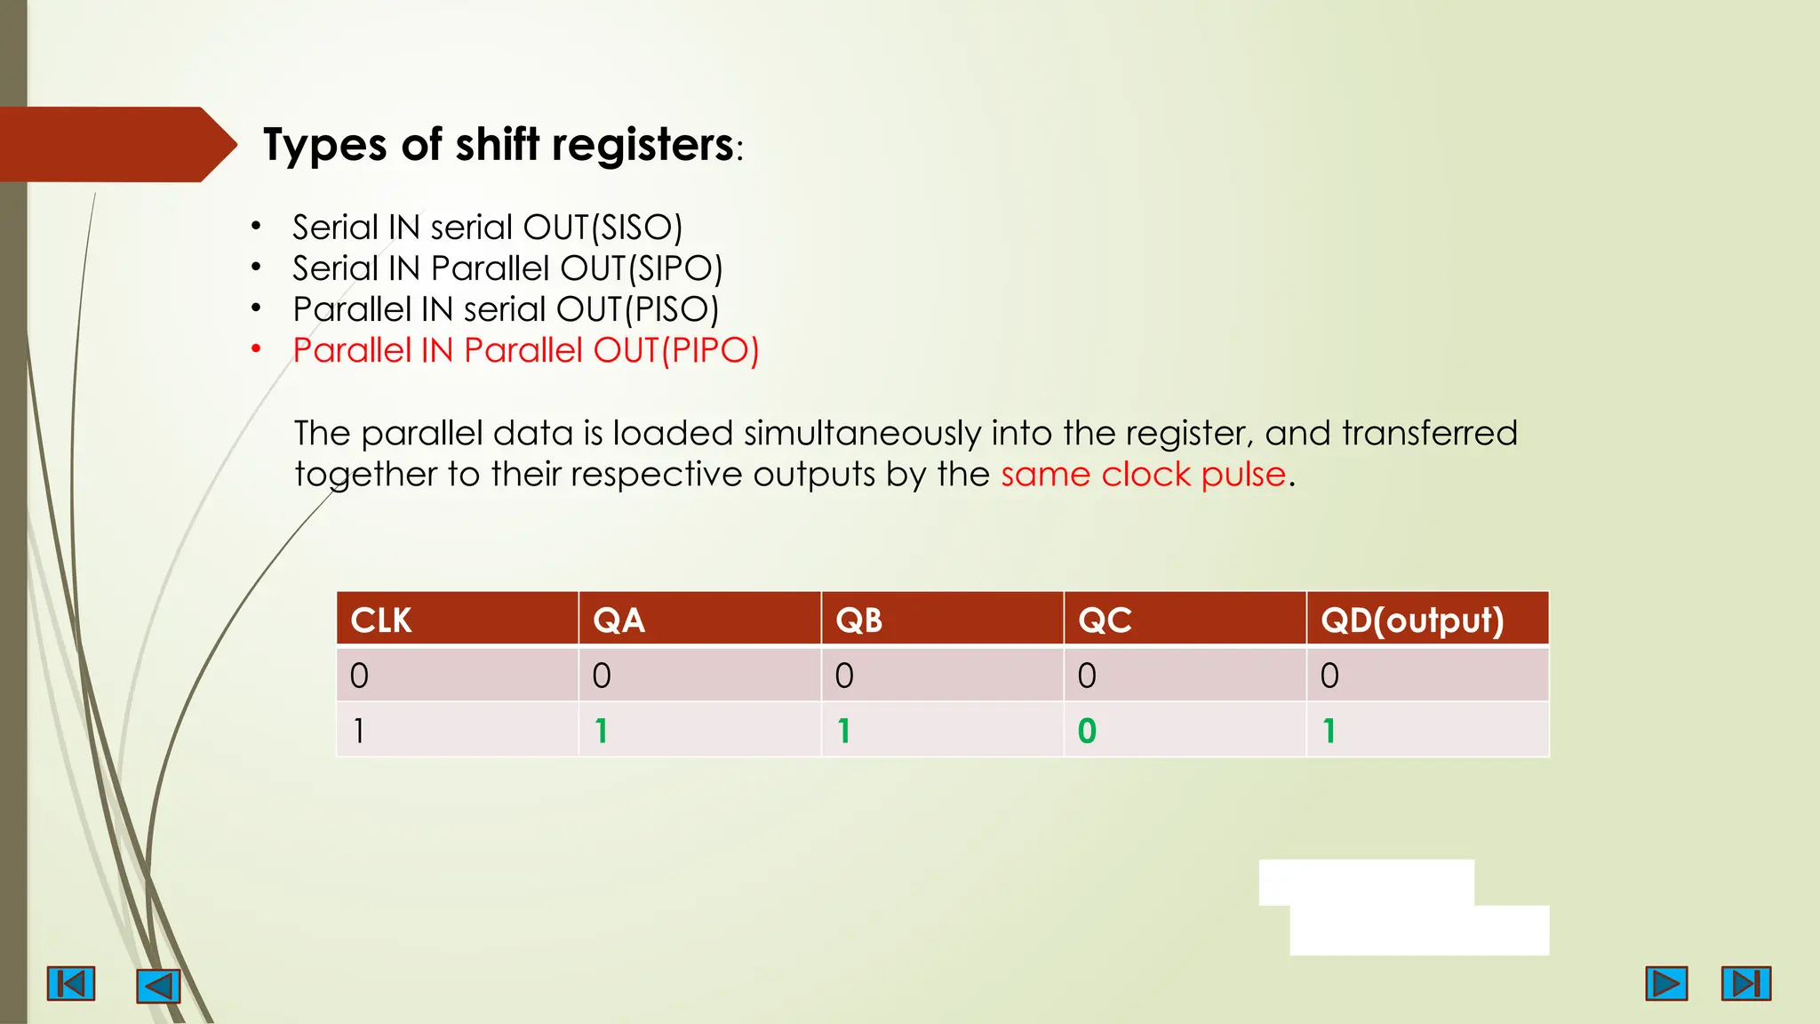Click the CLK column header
381,620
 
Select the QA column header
619,620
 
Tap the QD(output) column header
1411,620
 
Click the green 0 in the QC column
1087,731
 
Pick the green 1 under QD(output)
1329,731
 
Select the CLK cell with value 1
359,731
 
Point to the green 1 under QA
602,731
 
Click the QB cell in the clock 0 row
844,676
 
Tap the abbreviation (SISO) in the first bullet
636,228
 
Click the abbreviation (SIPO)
675,268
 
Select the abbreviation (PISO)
672,309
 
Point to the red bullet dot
256,348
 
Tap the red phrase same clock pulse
1143,475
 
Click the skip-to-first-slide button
71,984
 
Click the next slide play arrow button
1666,983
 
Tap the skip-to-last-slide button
1746,983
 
